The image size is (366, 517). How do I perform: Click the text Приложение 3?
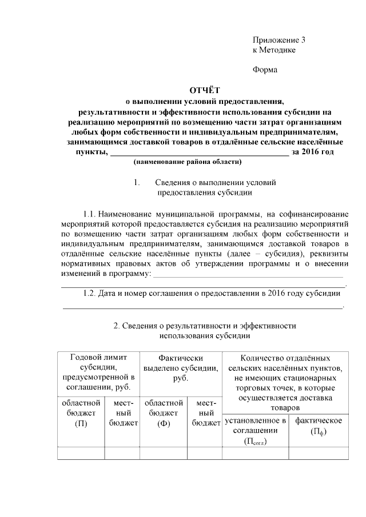click(x=279, y=40)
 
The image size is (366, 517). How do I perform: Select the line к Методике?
click(x=274, y=50)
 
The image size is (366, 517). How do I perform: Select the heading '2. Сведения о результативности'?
click(x=204, y=325)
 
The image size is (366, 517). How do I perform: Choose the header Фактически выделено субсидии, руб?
click(x=181, y=367)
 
